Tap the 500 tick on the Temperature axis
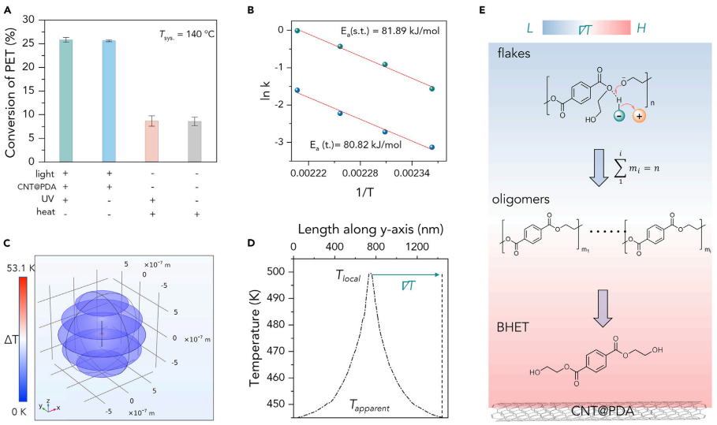click(278, 273)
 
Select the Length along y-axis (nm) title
click(368, 229)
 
